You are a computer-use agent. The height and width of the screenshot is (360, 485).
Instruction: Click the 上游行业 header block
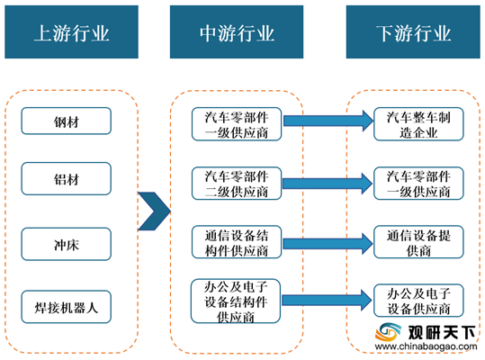pos(71,31)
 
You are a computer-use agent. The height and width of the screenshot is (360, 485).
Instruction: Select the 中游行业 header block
pos(237,31)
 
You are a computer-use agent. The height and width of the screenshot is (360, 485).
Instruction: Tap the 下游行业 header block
pos(413,31)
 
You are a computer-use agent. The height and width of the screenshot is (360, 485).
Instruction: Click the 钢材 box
pos(67,121)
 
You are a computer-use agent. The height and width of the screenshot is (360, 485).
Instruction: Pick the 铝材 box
pos(67,179)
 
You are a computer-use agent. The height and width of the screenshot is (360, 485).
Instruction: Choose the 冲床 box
pos(67,244)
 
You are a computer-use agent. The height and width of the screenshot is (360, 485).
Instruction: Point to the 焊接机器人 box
pos(67,307)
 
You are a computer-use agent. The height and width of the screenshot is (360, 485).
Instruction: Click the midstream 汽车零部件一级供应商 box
pos(237,124)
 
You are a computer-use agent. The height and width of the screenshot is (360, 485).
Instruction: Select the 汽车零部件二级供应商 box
pos(237,184)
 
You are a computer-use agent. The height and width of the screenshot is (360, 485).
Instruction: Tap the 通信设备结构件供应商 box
pos(237,242)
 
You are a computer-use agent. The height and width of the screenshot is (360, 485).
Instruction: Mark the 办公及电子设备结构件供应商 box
pos(236,301)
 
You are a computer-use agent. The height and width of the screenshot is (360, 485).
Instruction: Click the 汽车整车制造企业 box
pos(418,124)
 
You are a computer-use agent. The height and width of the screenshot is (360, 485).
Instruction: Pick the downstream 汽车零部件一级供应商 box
pos(418,184)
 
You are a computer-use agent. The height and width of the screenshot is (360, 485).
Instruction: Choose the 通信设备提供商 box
pos(418,242)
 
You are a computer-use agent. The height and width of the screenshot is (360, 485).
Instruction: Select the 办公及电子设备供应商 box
pos(418,301)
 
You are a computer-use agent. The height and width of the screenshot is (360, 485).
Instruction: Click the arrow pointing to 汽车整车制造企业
pos(328,121)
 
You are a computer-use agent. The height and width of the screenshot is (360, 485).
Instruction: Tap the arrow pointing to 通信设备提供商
pos(328,244)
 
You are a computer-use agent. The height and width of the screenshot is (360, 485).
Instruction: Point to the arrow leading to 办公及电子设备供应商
pos(327,300)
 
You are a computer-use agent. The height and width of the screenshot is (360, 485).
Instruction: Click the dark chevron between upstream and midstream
pos(154,211)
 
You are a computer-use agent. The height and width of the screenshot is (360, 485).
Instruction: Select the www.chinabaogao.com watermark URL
pos(426,346)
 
